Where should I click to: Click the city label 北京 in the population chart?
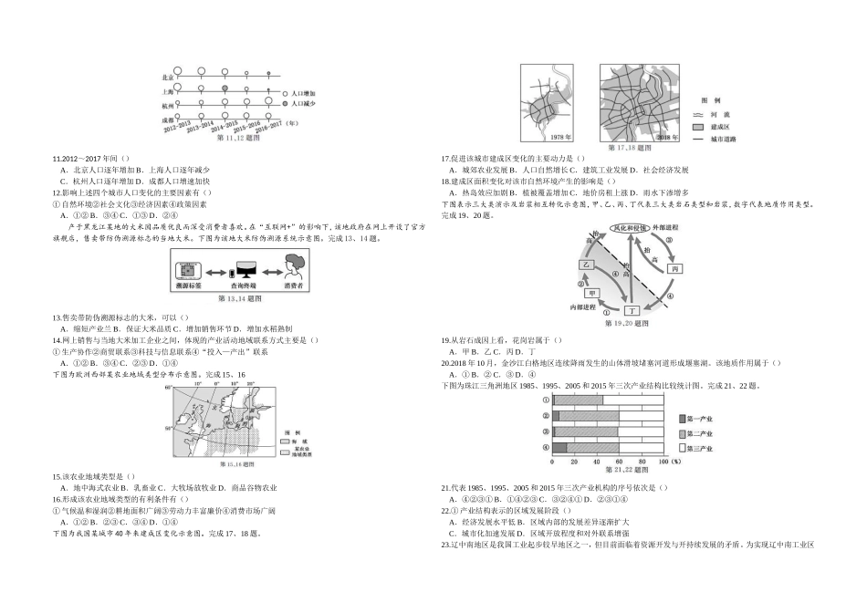pos(166,78)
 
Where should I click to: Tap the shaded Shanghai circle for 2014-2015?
pos(224,91)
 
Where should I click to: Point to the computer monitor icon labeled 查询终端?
pos(243,272)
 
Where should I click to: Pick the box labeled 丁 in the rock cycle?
pos(631,311)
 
